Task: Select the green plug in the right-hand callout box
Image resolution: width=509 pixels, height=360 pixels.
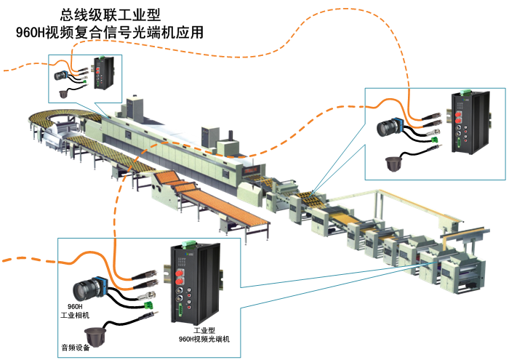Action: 433,137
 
